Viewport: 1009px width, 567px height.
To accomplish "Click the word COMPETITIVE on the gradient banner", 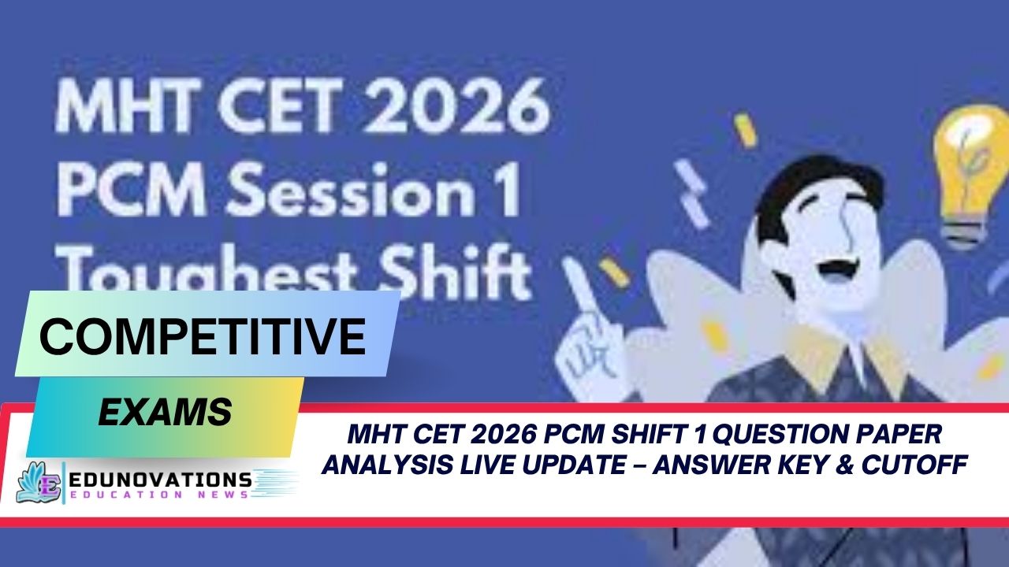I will [x=203, y=335].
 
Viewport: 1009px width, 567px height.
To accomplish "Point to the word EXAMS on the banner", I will [x=165, y=411].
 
